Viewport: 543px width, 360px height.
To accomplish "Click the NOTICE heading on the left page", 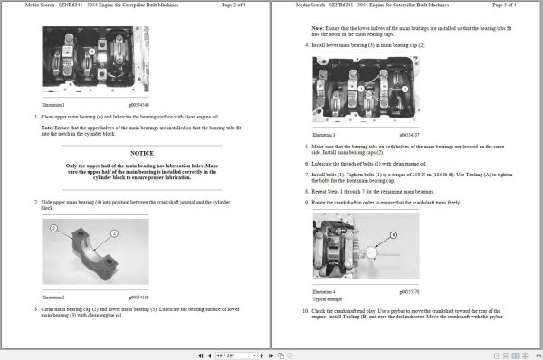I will (142, 154).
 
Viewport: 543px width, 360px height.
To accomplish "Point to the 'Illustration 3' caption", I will (324, 134).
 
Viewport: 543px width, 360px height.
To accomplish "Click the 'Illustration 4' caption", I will (324, 292).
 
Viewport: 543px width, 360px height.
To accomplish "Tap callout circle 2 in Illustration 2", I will (53, 229).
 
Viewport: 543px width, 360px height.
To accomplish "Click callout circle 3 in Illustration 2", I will (114, 233).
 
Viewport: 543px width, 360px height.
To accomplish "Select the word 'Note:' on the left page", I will (47, 127).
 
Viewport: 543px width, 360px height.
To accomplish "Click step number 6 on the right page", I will (305, 162).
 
